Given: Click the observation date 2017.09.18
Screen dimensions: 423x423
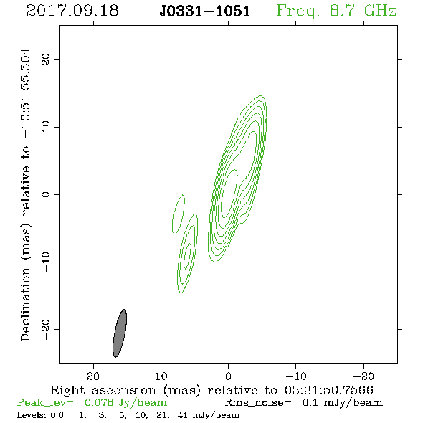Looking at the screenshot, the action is point(72,11).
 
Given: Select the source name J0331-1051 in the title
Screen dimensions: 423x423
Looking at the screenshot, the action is point(205,11).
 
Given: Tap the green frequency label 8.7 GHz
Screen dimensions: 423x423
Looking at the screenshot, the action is point(363,11).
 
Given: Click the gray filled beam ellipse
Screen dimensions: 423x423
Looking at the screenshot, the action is point(120,333).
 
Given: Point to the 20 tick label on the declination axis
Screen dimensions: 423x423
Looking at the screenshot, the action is point(46,60).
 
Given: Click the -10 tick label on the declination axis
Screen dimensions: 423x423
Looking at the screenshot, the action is point(46,262).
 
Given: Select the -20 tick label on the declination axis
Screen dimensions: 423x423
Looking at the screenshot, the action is point(46,329).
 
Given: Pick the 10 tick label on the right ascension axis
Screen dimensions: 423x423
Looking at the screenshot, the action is point(161,376).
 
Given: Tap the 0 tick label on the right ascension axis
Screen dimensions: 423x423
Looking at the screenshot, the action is point(228,376).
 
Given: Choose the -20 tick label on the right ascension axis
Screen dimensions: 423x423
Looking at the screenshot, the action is point(363,376).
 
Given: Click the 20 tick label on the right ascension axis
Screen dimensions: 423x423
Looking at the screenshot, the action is point(93,376).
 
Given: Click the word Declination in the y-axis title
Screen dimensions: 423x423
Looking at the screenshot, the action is point(25,304).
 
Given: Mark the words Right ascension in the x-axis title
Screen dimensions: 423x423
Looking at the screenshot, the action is point(103,390).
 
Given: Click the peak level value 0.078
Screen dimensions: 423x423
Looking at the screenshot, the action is point(99,402).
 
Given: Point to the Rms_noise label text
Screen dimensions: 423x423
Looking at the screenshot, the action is point(258,403).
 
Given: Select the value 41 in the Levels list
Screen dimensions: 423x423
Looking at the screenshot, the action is point(183,415).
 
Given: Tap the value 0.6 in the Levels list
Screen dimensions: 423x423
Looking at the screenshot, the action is point(57,415).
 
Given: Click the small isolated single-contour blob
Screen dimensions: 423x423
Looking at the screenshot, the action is point(178,214).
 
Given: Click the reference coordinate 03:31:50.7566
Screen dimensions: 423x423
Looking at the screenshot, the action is point(328,390).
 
